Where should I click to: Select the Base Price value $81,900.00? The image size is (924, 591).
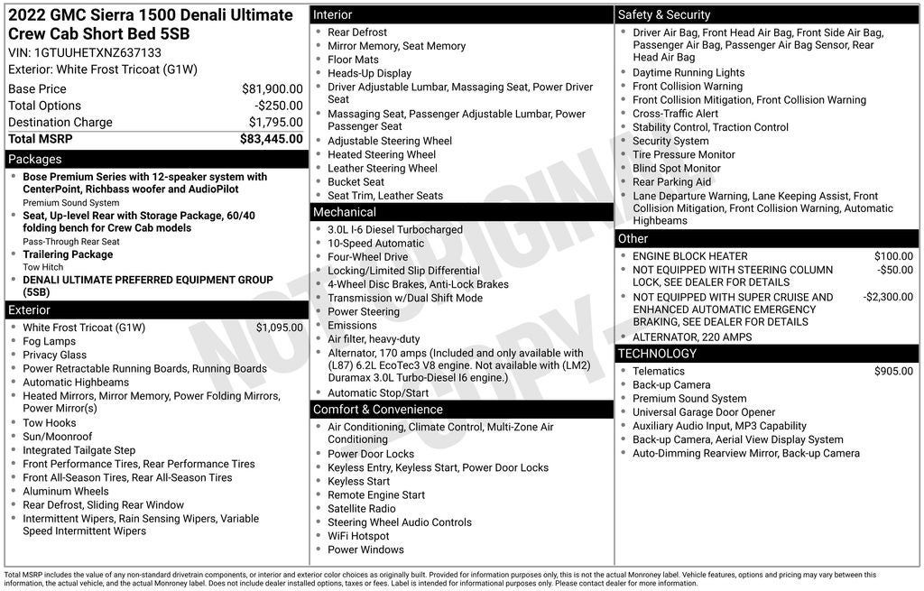click(x=272, y=89)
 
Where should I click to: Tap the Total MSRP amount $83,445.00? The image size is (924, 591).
click(x=271, y=139)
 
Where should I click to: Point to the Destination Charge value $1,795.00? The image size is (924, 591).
click(x=275, y=123)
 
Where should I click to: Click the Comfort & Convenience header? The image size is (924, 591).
click(x=377, y=410)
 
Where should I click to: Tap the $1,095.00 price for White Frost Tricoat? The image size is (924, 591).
click(x=279, y=328)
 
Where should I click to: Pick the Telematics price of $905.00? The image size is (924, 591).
click(x=893, y=371)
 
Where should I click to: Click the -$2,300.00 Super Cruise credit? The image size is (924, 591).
click(x=887, y=297)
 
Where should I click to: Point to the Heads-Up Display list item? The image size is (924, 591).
click(x=369, y=73)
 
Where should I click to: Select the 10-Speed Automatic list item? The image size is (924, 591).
click(x=375, y=244)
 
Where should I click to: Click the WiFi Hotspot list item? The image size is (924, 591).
click(x=358, y=536)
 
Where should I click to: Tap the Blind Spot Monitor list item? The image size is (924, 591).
click(x=676, y=168)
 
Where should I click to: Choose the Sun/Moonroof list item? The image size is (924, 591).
click(x=58, y=437)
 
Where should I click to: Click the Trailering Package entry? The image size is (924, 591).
click(x=68, y=254)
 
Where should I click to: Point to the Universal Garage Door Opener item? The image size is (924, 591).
click(x=703, y=412)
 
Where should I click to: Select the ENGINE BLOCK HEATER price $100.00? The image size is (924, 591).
click(x=893, y=256)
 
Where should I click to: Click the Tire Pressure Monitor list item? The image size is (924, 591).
click(x=683, y=154)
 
